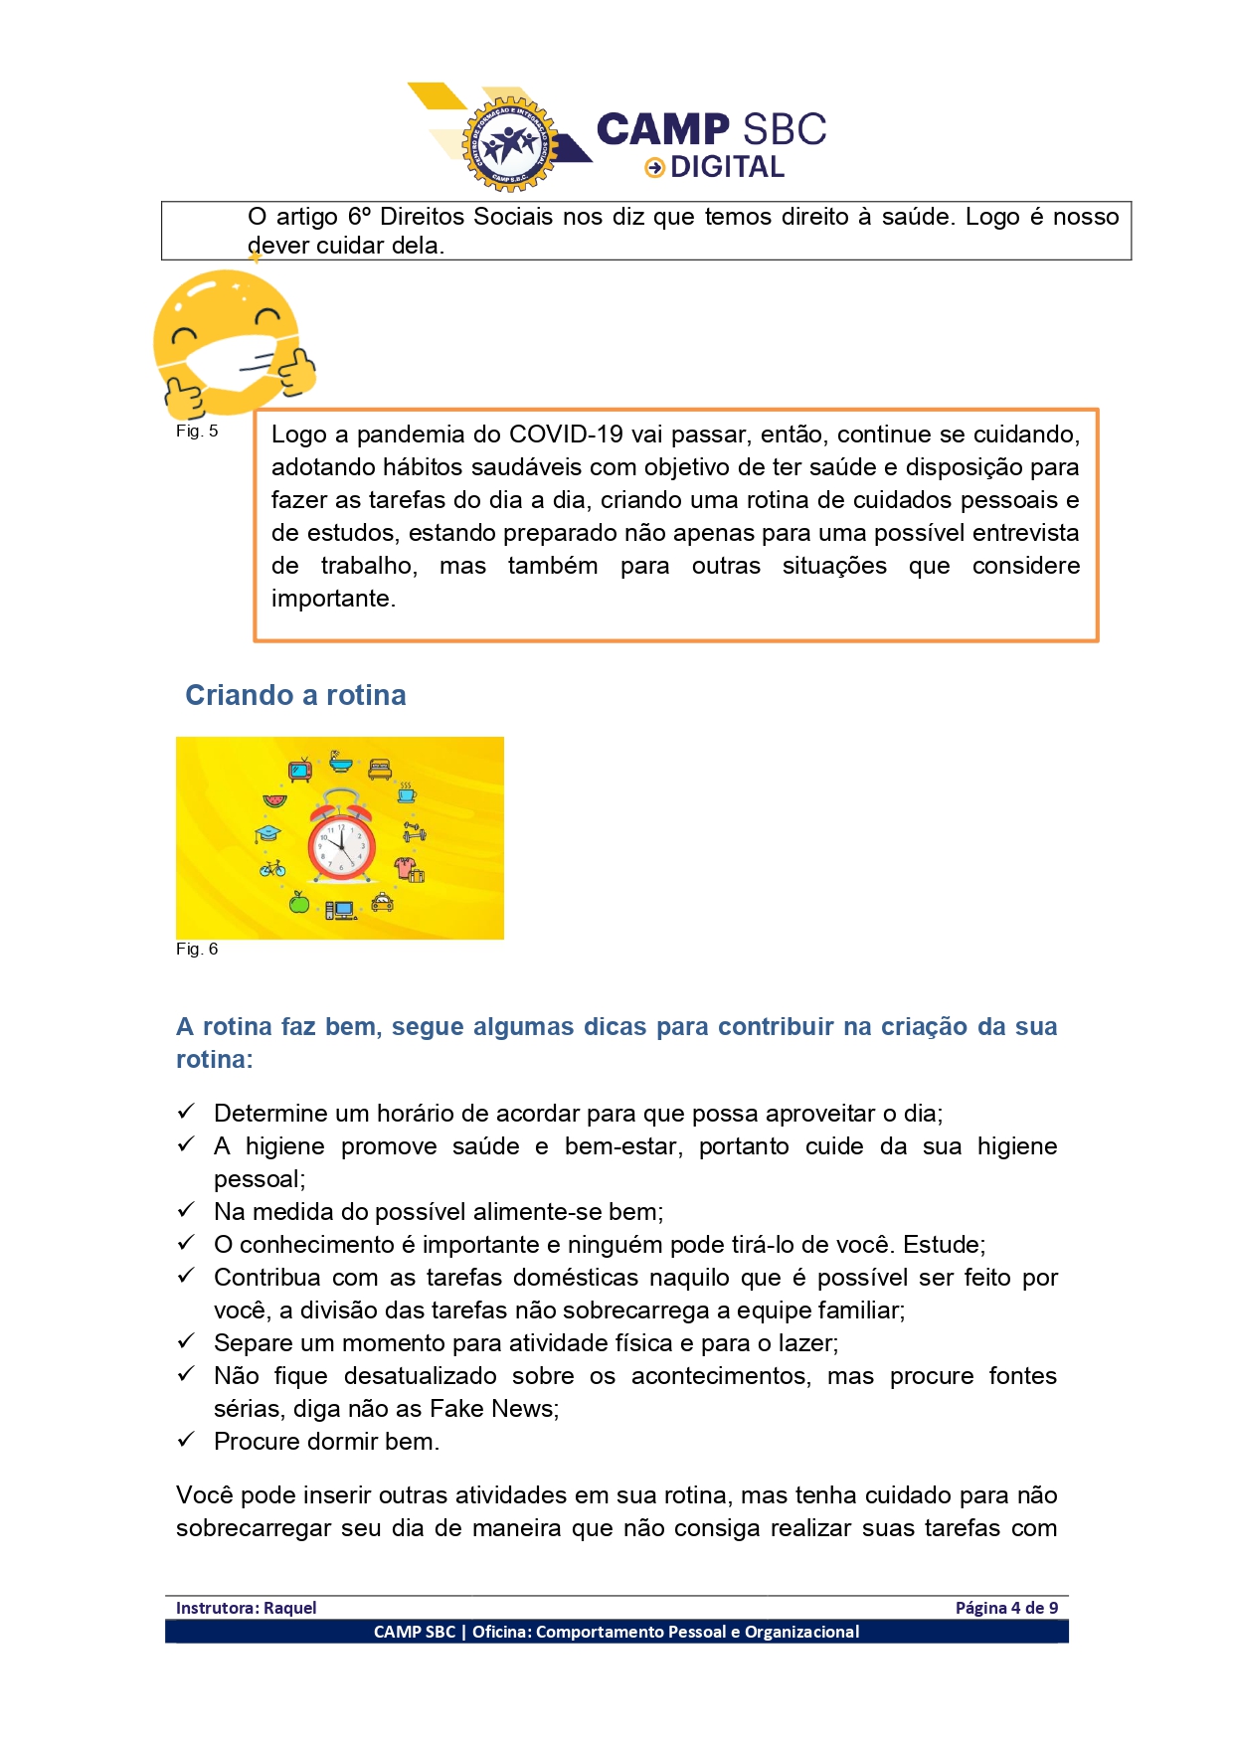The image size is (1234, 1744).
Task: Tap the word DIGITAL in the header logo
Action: pyautogui.click(x=727, y=167)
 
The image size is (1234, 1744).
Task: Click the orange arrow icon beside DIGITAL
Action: pyautogui.click(x=654, y=168)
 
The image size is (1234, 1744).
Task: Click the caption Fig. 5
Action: pyautogui.click(x=197, y=431)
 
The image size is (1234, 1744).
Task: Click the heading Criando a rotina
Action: pyautogui.click(x=295, y=695)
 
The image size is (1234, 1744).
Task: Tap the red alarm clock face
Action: pyautogui.click(x=340, y=845)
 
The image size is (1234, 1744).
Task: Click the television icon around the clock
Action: pyautogui.click(x=300, y=770)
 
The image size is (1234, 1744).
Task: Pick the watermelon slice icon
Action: pyautogui.click(x=274, y=800)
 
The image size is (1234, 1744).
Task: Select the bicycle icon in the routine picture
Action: pyautogui.click(x=272, y=868)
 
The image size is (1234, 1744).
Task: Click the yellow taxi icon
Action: pyautogui.click(x=383, y=902)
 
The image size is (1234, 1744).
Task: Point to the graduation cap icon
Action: pyautogui.click(x=267, y=833)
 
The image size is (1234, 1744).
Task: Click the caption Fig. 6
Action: pyautogui.click(x=197, y=949)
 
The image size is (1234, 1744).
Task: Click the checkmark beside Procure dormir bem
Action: pyautogui.click(x=186, y=1440)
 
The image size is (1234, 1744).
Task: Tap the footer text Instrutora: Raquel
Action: pyautogui.click(x=246, y=1608)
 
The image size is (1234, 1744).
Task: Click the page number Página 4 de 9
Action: pyautogui.click(x=1006, y=1608)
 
